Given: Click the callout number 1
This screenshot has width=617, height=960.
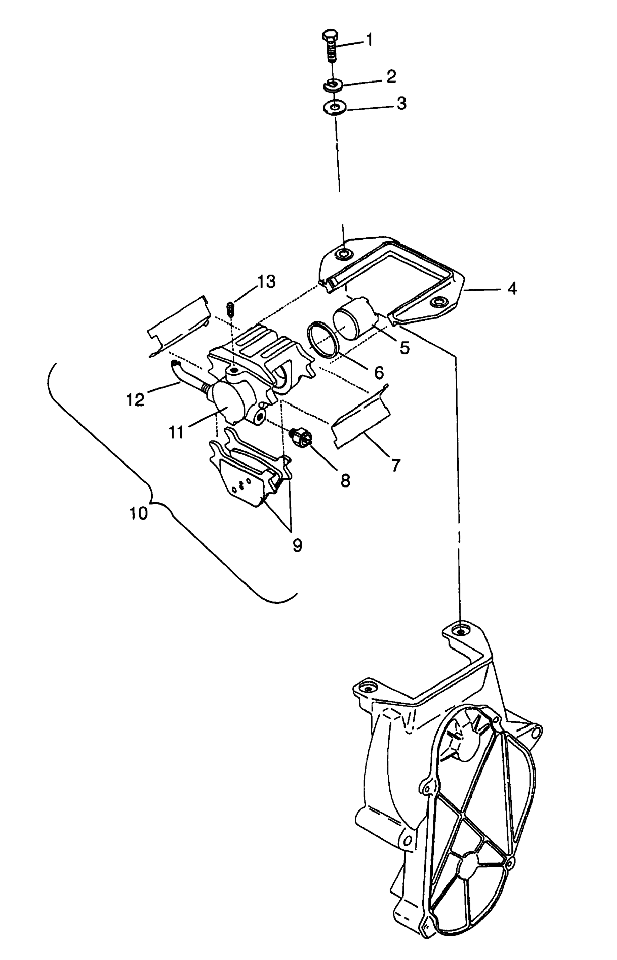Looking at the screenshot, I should pyautogui.click(x=370, y=40).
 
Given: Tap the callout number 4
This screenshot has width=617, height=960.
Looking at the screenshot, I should pyautogui.click(x=512, y=288).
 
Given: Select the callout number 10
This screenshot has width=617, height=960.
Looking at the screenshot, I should pyautogui.click(x=139, y=513).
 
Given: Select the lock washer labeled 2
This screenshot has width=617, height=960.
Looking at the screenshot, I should pyautogui.click(x=332, y=85).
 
